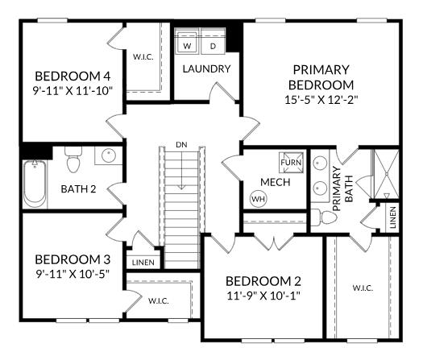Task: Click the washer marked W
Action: coord(186,41)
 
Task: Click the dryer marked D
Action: coord(214,41)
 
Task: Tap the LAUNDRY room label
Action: coord(206,69)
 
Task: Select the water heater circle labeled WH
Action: coord(258,199)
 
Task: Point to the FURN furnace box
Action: coord(291,163)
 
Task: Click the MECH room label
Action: coord(276,182)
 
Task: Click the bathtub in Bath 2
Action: coord(35,184)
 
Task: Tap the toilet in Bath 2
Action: coord(73,159)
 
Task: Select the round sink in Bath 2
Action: coord(109,155)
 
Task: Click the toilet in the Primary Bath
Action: coord(324,217)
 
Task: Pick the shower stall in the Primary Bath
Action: coord(386,175)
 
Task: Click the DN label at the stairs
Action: coord(181,145)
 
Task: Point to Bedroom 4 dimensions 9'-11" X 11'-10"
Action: coord(73,91)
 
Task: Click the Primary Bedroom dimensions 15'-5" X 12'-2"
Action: coord(321,100)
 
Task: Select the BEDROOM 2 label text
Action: coord(263,281)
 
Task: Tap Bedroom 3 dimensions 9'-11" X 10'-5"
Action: coord(73,274)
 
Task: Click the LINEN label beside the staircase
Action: coord(143,263)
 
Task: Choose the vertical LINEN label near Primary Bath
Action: coord(393,217)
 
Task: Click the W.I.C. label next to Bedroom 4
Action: coord(143,57)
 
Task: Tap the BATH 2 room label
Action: coord(78,189)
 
